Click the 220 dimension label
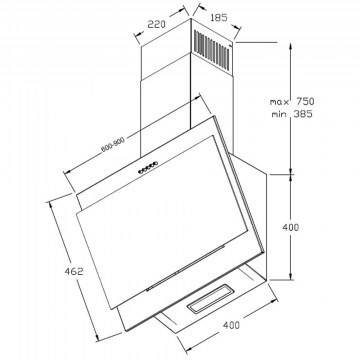(157, 24)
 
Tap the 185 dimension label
(219, 17)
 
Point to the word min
(279, 114)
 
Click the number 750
(305, 101)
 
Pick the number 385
(303, 114)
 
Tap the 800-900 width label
(113, 145)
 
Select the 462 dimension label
(74, 271)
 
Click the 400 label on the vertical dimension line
(291, 228)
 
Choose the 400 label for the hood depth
(231, 325)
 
